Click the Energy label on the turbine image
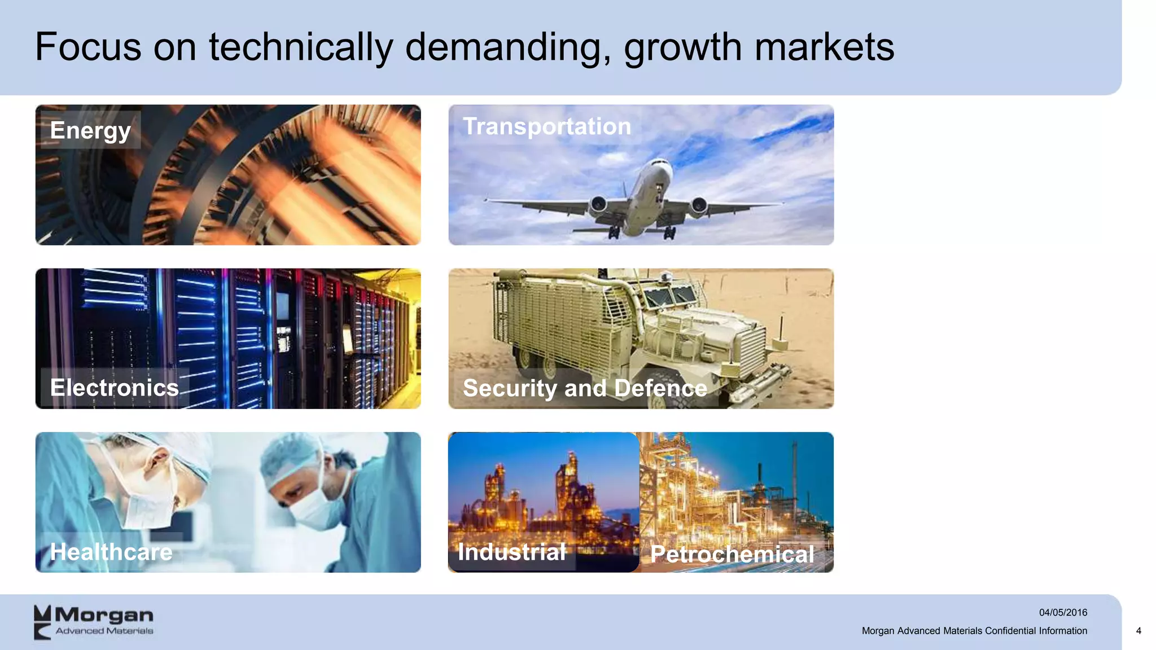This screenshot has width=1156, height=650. point(90,130)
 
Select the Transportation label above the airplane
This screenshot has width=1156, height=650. point(546,126)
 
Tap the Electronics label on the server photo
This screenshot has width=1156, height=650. point(115,388)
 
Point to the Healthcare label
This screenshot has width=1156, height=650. point(111,552)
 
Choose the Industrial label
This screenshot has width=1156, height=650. point(511,552)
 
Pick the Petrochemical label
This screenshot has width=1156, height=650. point(732,554)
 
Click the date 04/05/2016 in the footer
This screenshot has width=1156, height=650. point(1063,612)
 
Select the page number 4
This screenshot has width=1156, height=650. point(1139,631)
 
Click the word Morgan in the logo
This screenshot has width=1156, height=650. point(104,614)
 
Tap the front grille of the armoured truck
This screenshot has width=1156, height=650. point(748,344)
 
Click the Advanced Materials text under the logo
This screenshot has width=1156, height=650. point(104,631)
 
